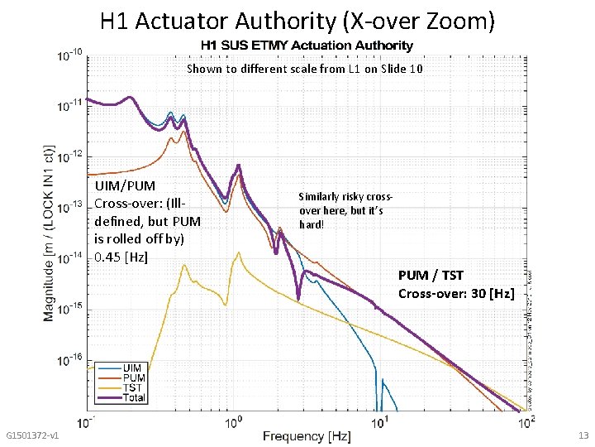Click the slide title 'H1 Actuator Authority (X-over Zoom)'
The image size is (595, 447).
pyautogui.click(x=297, y=21)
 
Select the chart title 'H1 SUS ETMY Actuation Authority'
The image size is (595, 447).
pyautogui.click(x=303, y=46)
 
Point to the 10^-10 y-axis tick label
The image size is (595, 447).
pyautogui.click(x=69, y=55)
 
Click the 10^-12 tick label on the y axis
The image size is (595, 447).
pyautogui.click(x=69, y=155)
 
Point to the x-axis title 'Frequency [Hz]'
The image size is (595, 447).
pyautogui.click(x=307, y=436)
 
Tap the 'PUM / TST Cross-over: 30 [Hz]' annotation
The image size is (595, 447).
pyautogui.click(x=455, y=284)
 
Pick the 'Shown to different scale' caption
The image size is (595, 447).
pyautogui.click(x=304, y=69)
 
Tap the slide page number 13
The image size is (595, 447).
pyautogui.click(x=583, y=436)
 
